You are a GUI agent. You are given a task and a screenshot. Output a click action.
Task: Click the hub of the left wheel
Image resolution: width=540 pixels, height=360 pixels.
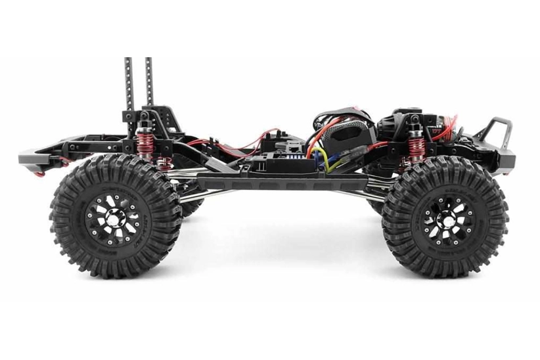point(114,217)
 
